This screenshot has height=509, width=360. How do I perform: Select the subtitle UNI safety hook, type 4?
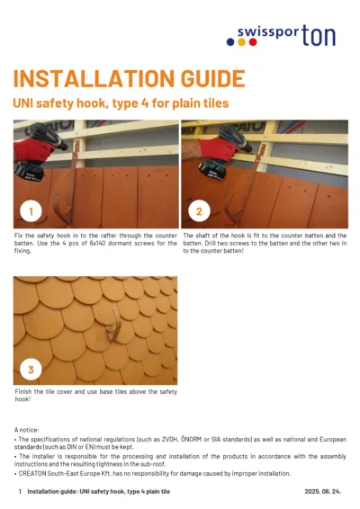tap(121, 103)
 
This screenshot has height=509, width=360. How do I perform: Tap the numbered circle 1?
tap(31, 212)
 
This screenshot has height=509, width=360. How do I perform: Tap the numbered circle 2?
tap(200, 212)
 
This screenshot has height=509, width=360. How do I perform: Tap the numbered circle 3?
tap(31, 370)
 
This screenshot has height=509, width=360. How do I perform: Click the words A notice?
tap(29, 431)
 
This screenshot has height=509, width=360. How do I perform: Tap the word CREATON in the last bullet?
tap(35, 473)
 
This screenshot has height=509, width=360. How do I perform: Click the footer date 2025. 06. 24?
tap(324, 492)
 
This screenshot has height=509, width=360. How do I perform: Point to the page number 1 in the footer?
tap(20, 492)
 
